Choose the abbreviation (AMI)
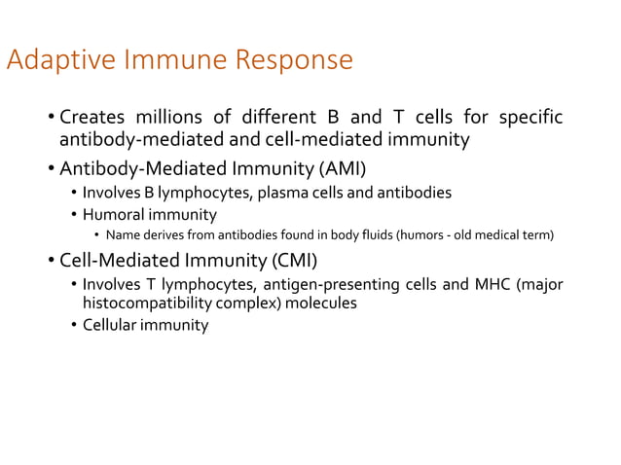point(337,167)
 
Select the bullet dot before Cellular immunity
point(74,326)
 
